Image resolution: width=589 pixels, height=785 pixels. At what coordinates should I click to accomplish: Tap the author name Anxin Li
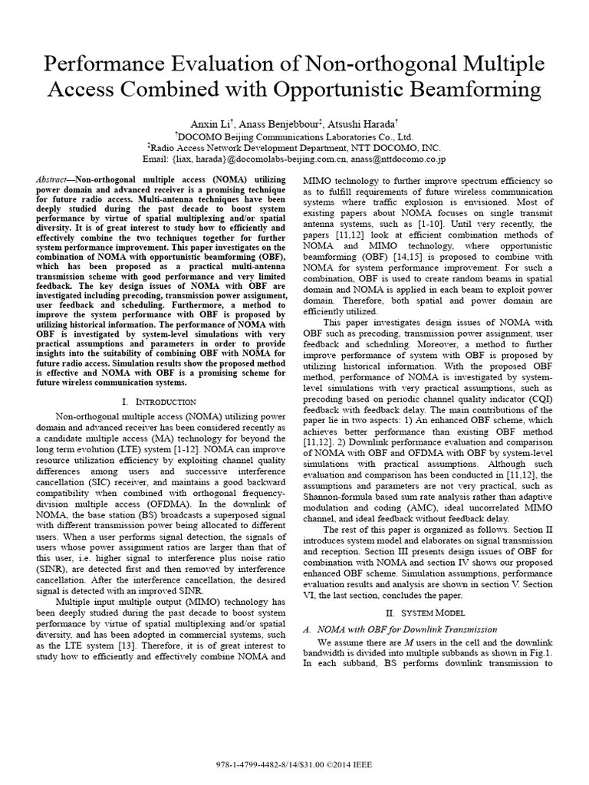[x=210, y=123]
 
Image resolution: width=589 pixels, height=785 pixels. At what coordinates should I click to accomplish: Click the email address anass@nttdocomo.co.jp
[x=388, y=159]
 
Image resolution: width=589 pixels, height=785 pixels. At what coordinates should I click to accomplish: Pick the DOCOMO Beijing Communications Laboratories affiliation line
[x=295, y=136]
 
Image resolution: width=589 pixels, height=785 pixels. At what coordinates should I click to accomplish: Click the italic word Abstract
[x=51, y=179]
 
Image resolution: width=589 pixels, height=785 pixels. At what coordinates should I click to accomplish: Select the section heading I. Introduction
[x=159, y=402]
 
